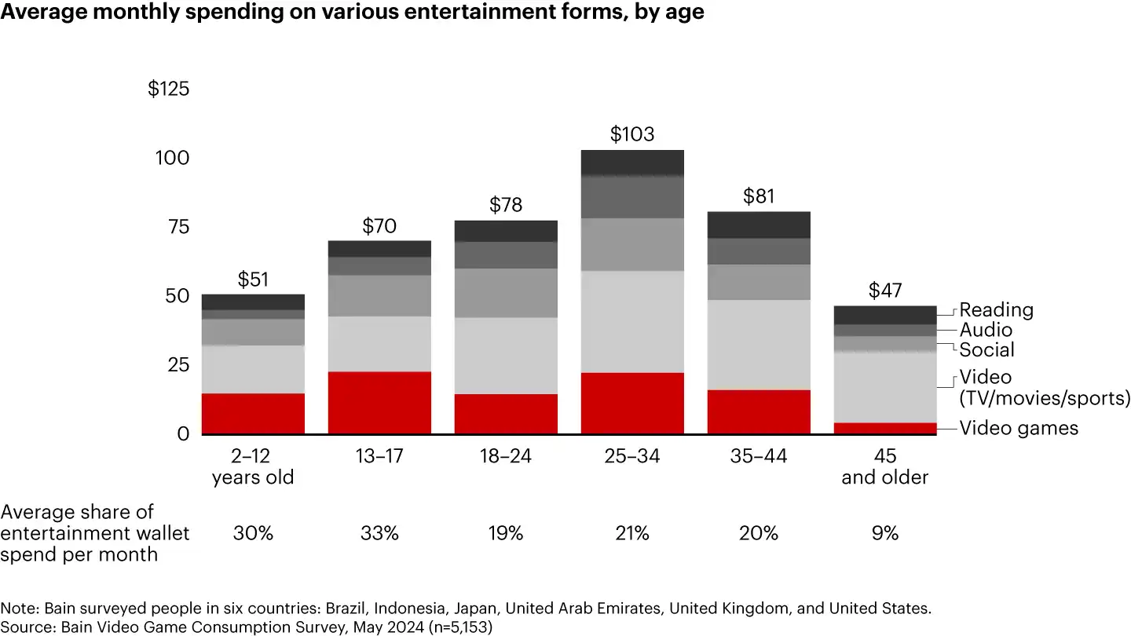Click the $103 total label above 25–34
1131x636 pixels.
(x=632, y=134)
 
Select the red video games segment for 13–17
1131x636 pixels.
(x=379, y=402)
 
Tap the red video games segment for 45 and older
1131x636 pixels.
(x=885, y=428)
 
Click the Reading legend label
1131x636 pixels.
(x=996, y=310)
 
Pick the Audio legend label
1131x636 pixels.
(x=986, y=330)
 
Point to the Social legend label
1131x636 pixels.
(x=986, y=349)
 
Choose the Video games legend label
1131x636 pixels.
(x=1019, y=428)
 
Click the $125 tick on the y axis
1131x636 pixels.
(x=168, y=89)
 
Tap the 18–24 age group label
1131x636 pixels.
(x=506, y=456)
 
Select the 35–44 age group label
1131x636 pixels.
(x=759, y=456)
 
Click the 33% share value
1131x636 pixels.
(x=379, y=533)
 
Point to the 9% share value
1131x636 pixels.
(x=885, y=533)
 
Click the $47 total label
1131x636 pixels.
(x=885, y=291)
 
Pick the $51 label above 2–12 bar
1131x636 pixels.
(x=253, y=280)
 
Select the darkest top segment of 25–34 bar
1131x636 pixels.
(x=632, y=163)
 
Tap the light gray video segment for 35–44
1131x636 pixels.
(x=759, y=345)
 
